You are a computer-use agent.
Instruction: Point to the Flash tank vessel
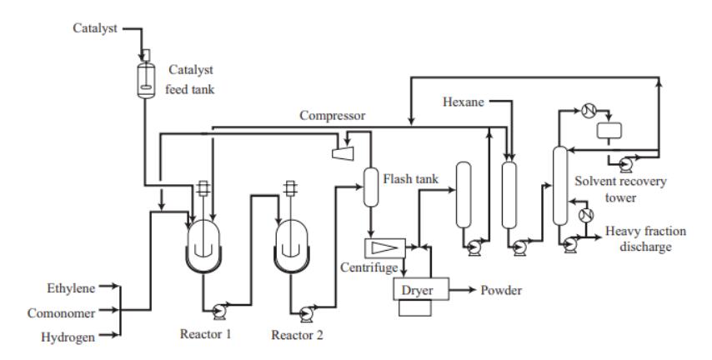tap(371, 187)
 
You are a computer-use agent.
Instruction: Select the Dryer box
tap(422, 289)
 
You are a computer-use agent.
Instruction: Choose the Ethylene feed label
tap(71, 287)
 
